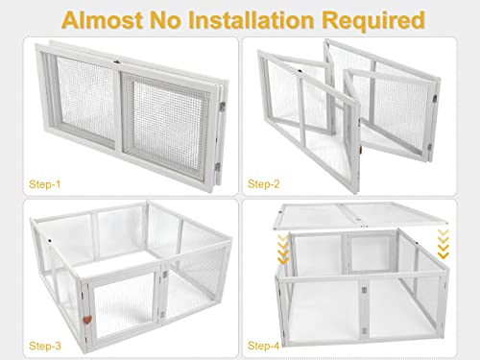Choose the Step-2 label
point(265,181)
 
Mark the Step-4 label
point(265,343)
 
